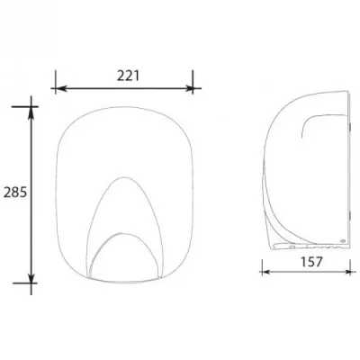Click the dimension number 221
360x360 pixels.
coord(128,76)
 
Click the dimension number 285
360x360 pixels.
coord(15,193)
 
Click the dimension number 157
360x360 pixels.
coord(310,262)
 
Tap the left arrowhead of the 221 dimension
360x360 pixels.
coord(60,88)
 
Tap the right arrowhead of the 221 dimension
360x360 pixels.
coord(188,88)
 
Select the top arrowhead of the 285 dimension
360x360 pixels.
coord(31,112)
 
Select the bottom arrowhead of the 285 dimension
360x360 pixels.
coord(31,278)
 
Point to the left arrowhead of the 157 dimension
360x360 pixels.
coord(266,272)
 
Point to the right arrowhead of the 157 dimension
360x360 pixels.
coord(346,272)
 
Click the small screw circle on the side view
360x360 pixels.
coord(343,240)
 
